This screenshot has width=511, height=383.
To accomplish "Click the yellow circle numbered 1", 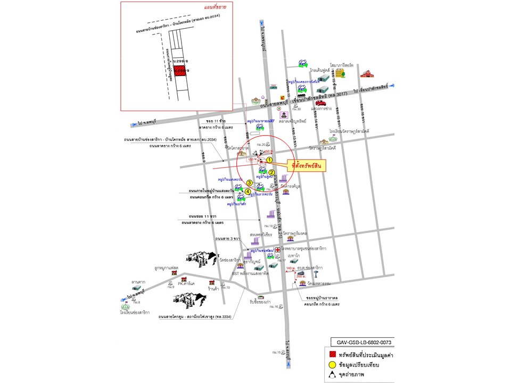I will (x=270, y=160).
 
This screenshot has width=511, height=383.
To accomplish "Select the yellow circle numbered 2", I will (x=271, y=172).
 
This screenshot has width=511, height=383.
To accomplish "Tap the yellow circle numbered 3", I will (x=249, y=183).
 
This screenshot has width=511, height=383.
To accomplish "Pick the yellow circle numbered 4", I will (x=248, y=191).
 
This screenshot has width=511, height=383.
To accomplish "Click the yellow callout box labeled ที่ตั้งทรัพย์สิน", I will (x=306, y=165).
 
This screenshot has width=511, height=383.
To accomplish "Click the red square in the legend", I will (x=333, y=355).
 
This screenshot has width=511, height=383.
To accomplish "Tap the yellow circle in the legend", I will (x=333, y=365).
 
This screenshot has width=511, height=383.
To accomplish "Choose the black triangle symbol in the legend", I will (x=333, y=375).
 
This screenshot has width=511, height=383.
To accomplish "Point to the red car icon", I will (x=320, y=103).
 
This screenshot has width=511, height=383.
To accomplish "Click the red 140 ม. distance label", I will (x=290, y=269).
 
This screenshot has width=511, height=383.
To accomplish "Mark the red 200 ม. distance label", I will (x=301, y=277).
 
